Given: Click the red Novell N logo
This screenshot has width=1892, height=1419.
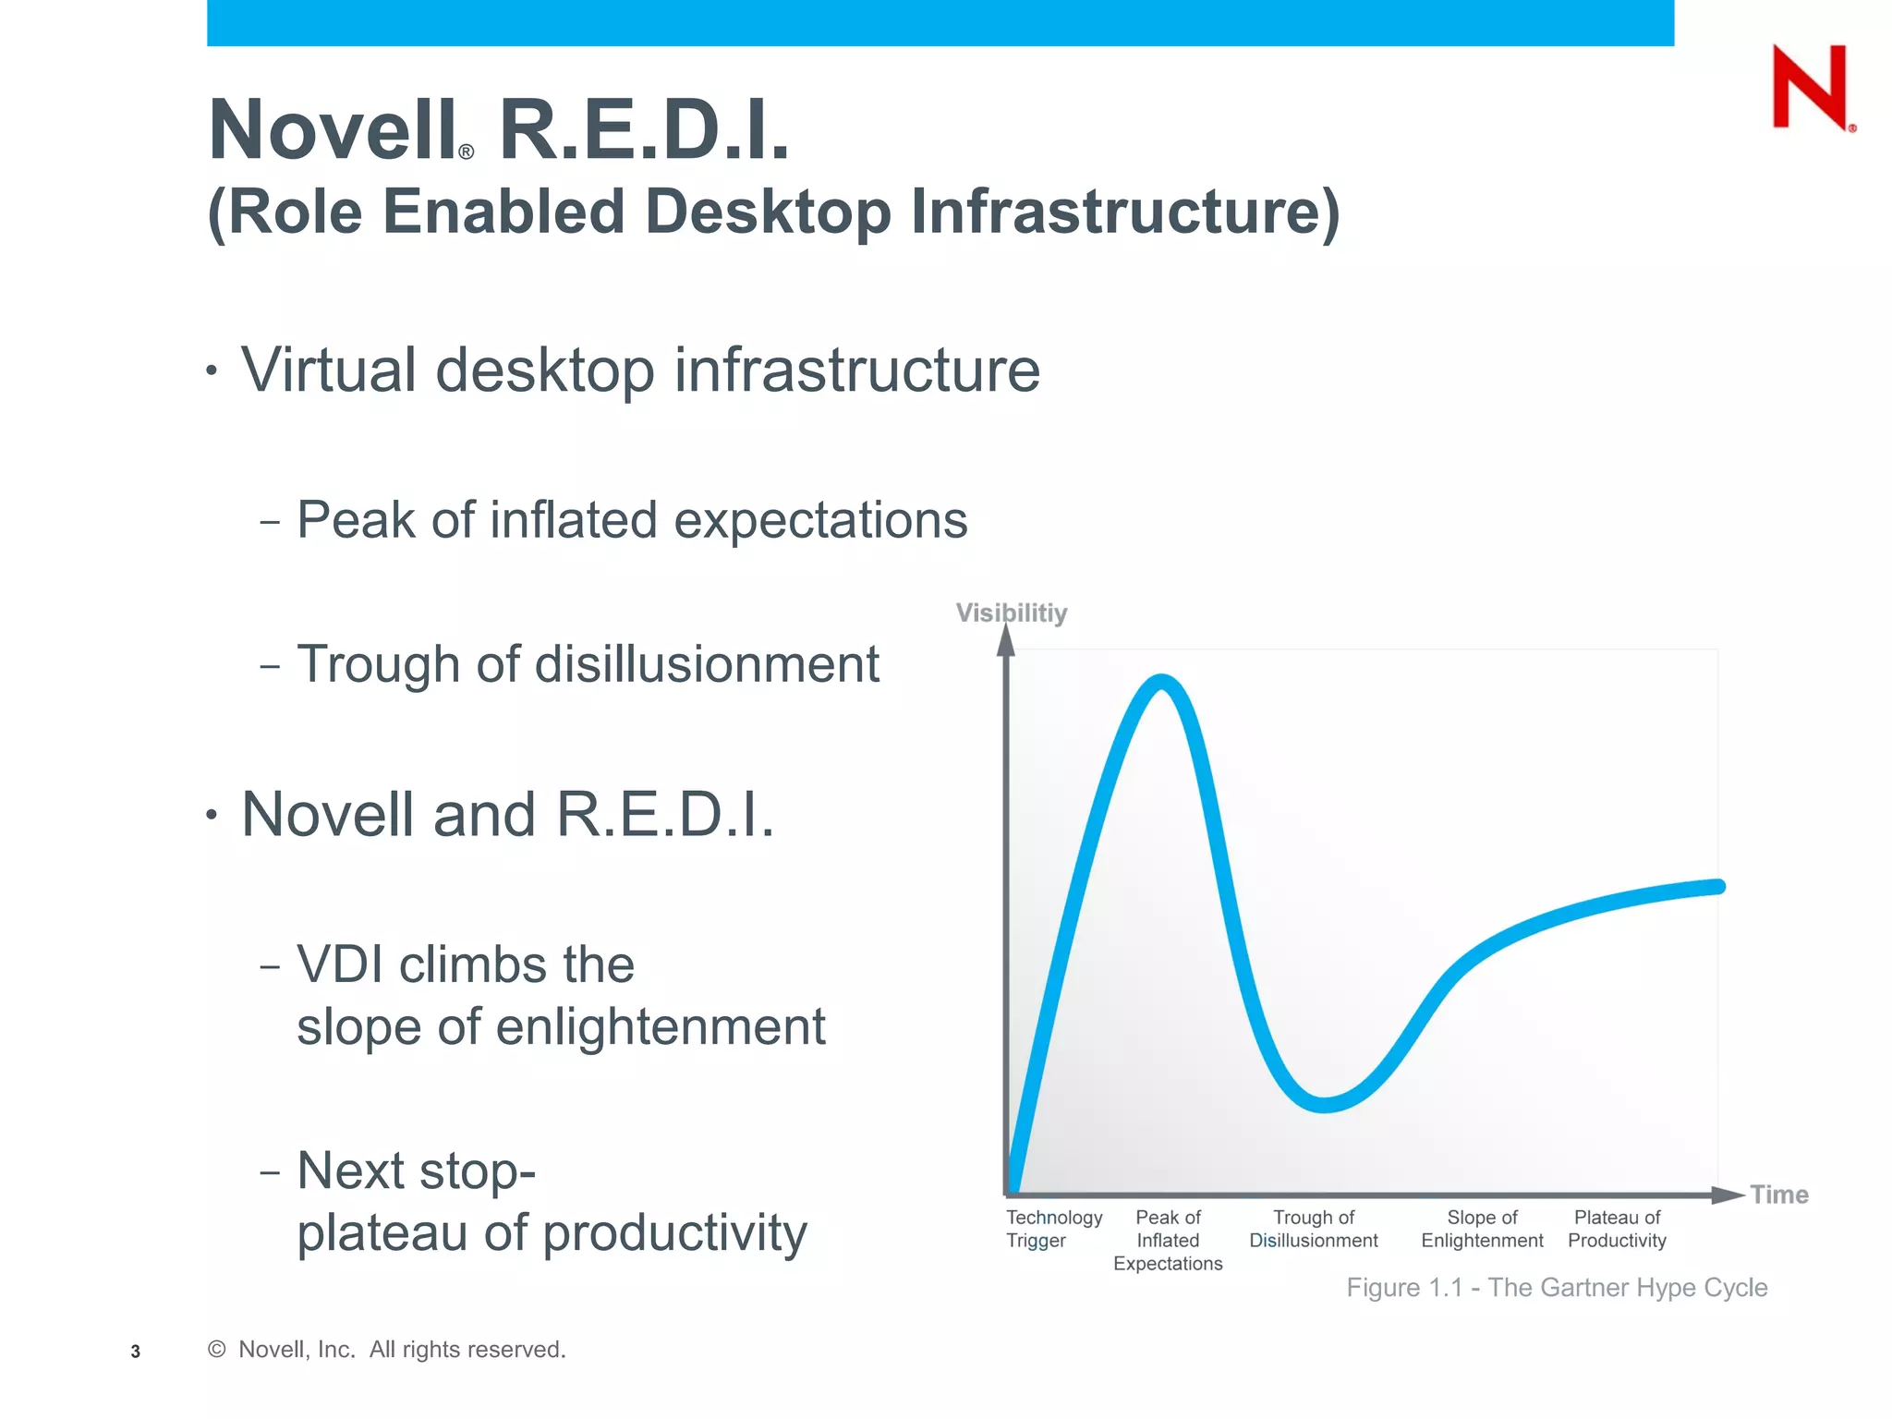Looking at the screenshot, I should [1811, 87].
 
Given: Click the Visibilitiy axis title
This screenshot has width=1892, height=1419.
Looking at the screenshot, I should [1011, 612].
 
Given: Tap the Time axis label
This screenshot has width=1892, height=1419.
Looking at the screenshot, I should [1778, 1195].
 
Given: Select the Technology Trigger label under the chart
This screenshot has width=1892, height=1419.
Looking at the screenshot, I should [1053, 1229].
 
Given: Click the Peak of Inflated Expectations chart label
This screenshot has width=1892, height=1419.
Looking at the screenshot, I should [1168, 1240].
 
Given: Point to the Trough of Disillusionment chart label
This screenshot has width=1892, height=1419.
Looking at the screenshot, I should [1313, 1229].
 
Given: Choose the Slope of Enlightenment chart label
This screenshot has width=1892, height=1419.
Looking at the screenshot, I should [1482, 1229].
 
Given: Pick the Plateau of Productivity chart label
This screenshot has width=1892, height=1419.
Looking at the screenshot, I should [1617, 1229].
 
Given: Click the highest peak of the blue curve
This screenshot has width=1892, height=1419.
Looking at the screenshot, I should [1161, 683].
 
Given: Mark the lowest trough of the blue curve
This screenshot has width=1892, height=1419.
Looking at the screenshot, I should [1325, 1104].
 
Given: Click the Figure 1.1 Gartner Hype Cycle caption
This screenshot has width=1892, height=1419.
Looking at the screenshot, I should [1557, 1287].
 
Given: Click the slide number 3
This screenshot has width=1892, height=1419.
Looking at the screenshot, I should [136, 1352].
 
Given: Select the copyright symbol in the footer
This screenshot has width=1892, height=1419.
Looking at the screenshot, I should [217, 1350].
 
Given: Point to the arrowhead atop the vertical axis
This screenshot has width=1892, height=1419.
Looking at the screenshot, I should [1006, 640].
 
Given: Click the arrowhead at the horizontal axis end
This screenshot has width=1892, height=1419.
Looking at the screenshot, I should [1728, 1195].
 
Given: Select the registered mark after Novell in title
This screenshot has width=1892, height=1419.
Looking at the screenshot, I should [467, 152].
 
